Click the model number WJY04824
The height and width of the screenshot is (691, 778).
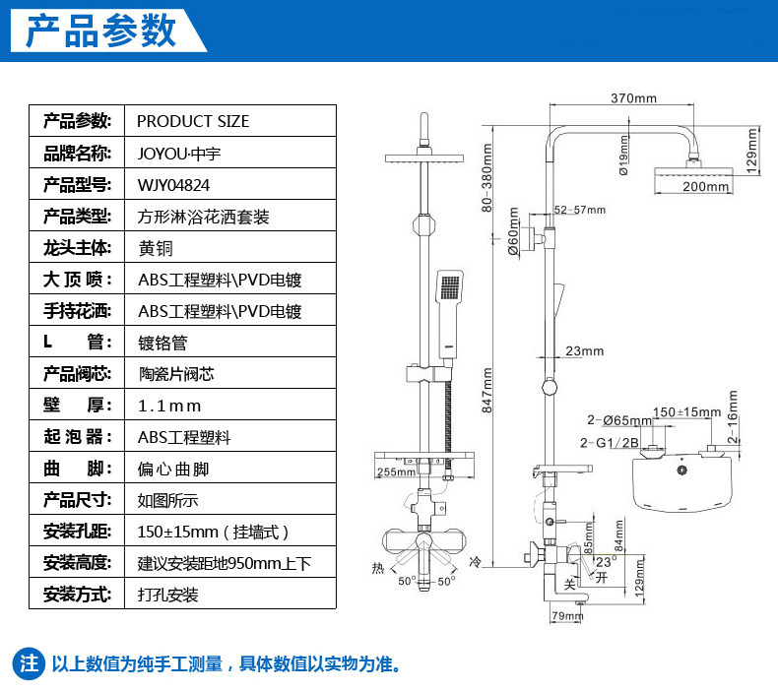tap(173, 184)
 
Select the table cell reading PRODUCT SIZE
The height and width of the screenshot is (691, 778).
tap(193, 121)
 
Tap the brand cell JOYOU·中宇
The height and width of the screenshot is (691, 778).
tap(180, 153)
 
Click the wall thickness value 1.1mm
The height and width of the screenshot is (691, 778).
tap(169, 406)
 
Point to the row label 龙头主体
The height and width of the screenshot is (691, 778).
tap(76, 248)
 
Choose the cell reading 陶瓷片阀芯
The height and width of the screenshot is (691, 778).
tap(176, 374)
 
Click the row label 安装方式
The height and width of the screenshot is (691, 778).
tap(76, 595)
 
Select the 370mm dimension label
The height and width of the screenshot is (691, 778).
tap(632, 98)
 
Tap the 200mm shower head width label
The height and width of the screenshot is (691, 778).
tap(705, 186)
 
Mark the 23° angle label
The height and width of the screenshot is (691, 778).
tap(606, 559)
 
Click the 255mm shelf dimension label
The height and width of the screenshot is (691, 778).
tap(395, 472)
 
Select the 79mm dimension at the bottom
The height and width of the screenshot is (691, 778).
tap(567, 616)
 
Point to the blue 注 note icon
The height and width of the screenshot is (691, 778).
tap(30, 662)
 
